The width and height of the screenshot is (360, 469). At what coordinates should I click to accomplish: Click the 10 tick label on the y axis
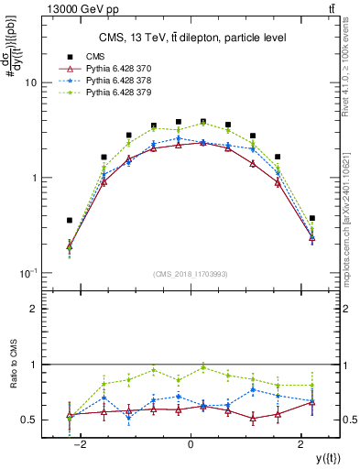(29, 82)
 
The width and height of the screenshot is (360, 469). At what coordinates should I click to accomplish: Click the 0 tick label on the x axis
(191, 444)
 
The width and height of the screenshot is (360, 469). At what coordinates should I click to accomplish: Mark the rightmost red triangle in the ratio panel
(312, 403)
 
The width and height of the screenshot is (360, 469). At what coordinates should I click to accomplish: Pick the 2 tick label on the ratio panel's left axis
(31, 310)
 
